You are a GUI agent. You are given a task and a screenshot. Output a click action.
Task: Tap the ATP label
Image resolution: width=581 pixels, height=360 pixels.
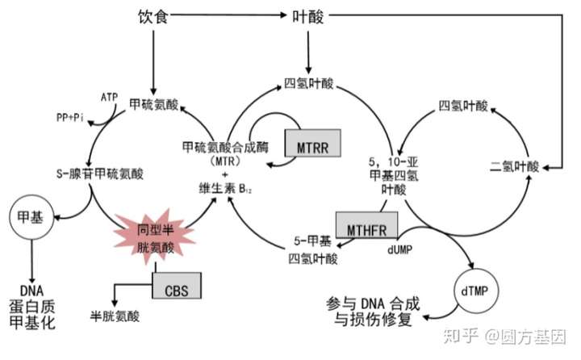point(110,98)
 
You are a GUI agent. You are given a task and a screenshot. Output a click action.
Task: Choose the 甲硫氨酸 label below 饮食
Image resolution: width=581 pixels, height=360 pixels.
point(153,106)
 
